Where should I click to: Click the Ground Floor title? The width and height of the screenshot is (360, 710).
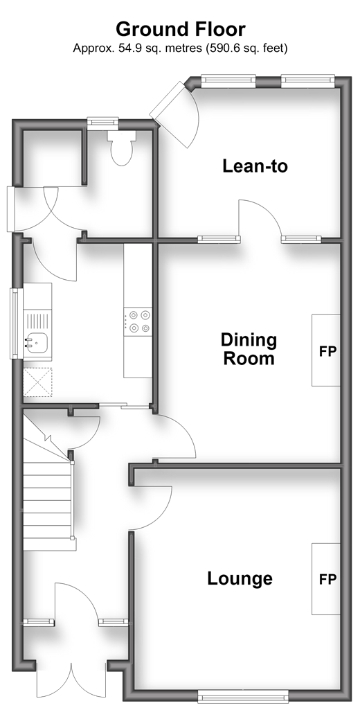pyautogui.click(x=180, y=29)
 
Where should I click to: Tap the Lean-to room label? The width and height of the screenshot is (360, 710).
pyautogui.click(x=255, y=166)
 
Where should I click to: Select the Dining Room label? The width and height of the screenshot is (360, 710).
pyautogui.click(x=249, y=349)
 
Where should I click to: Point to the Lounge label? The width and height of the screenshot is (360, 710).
pyautogui.click(x=240, y=578)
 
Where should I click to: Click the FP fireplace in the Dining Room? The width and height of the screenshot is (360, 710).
pyautogui.click(x=325, y=350)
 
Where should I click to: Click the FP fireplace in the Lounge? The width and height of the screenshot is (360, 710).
pyautogui.click(x=325, y=579)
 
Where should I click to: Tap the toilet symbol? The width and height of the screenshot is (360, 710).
pyautogui.click(x=121, y=148)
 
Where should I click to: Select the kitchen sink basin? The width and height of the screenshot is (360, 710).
pyautogui.click(x=37, y=342)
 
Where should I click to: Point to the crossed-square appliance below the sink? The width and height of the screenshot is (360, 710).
pyautogui.click(x=37, y=382)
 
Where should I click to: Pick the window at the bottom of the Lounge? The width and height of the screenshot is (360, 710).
pyautogui.click(x=243, y=695)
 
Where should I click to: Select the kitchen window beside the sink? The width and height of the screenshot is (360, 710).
pyautogui.click(x=17, y=323)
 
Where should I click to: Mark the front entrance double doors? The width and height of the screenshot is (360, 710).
pyautogui.click(x=71, y=680)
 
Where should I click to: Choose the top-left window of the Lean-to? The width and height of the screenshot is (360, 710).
pyautogui.click(x=228, y=80)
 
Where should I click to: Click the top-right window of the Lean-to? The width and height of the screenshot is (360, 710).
pyautogui.click(x=308, y=80)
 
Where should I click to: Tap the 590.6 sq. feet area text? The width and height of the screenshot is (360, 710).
pyautogui.click(x=246, y=48)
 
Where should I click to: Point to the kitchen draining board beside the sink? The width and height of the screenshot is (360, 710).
pyautogui.click(x=37, y=320)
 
